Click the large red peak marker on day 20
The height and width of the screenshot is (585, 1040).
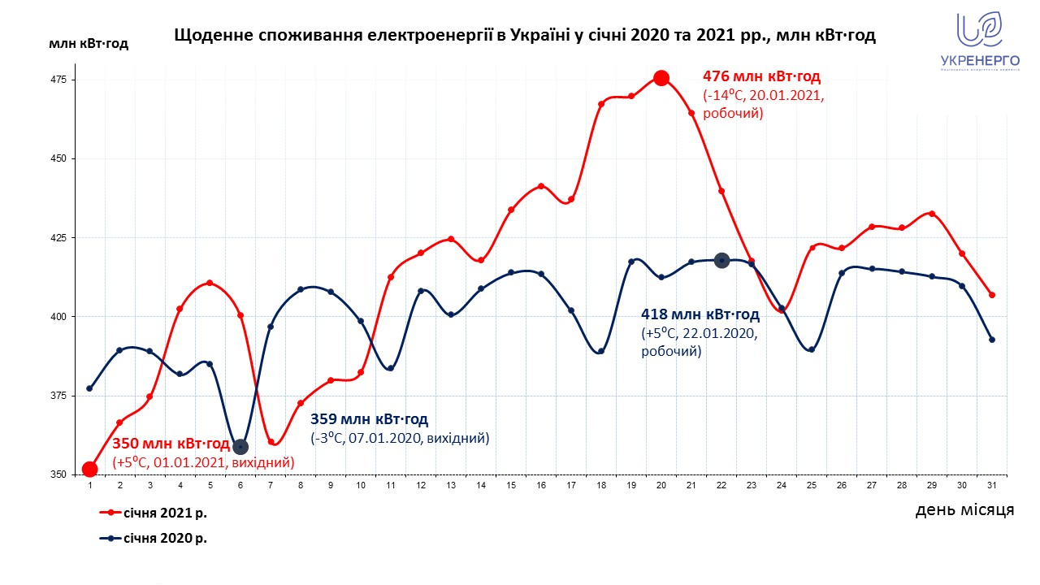click(661, 78)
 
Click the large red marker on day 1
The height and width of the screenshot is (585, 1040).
click(90, 469)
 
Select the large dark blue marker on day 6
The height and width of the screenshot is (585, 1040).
click(240, 446)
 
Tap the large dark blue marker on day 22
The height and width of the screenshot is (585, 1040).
click(721, 260)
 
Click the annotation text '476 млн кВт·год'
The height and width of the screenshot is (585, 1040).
click(761, 77)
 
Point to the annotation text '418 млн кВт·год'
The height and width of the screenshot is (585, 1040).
click(700, 315)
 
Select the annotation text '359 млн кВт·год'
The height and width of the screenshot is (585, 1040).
click(369, 420)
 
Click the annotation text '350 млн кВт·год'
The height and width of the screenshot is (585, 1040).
click(171, 444)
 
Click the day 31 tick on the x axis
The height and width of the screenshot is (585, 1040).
click(991, 485)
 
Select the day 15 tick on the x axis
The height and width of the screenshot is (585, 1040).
click(511, 485)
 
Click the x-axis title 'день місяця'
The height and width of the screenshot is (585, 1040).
click(964, 510)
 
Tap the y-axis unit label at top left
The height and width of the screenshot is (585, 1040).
click(89, 44)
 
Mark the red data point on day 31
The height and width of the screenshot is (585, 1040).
click(992, 295)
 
